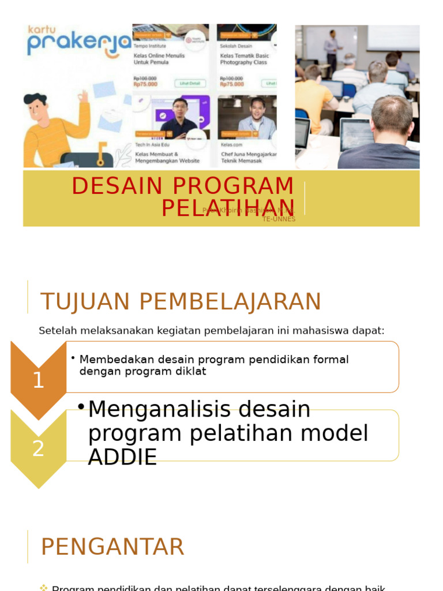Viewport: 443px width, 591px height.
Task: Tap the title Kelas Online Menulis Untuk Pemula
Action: pos(155,59)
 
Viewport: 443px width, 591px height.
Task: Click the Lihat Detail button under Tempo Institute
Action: pos(185,84)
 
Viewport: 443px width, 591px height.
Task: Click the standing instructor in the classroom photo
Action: pos(331,50)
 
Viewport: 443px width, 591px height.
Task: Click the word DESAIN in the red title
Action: pos(116,186)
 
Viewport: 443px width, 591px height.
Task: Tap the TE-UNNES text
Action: pos(279,219)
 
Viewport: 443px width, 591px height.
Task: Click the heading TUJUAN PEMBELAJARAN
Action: pos(180,302)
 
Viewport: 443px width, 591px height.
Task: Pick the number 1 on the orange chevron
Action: pos(38,380)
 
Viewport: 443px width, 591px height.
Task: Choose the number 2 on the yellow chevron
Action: pos(38,448)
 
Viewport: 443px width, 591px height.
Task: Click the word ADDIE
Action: pos(122,457)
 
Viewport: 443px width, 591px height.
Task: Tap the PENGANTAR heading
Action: pos(112,547)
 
